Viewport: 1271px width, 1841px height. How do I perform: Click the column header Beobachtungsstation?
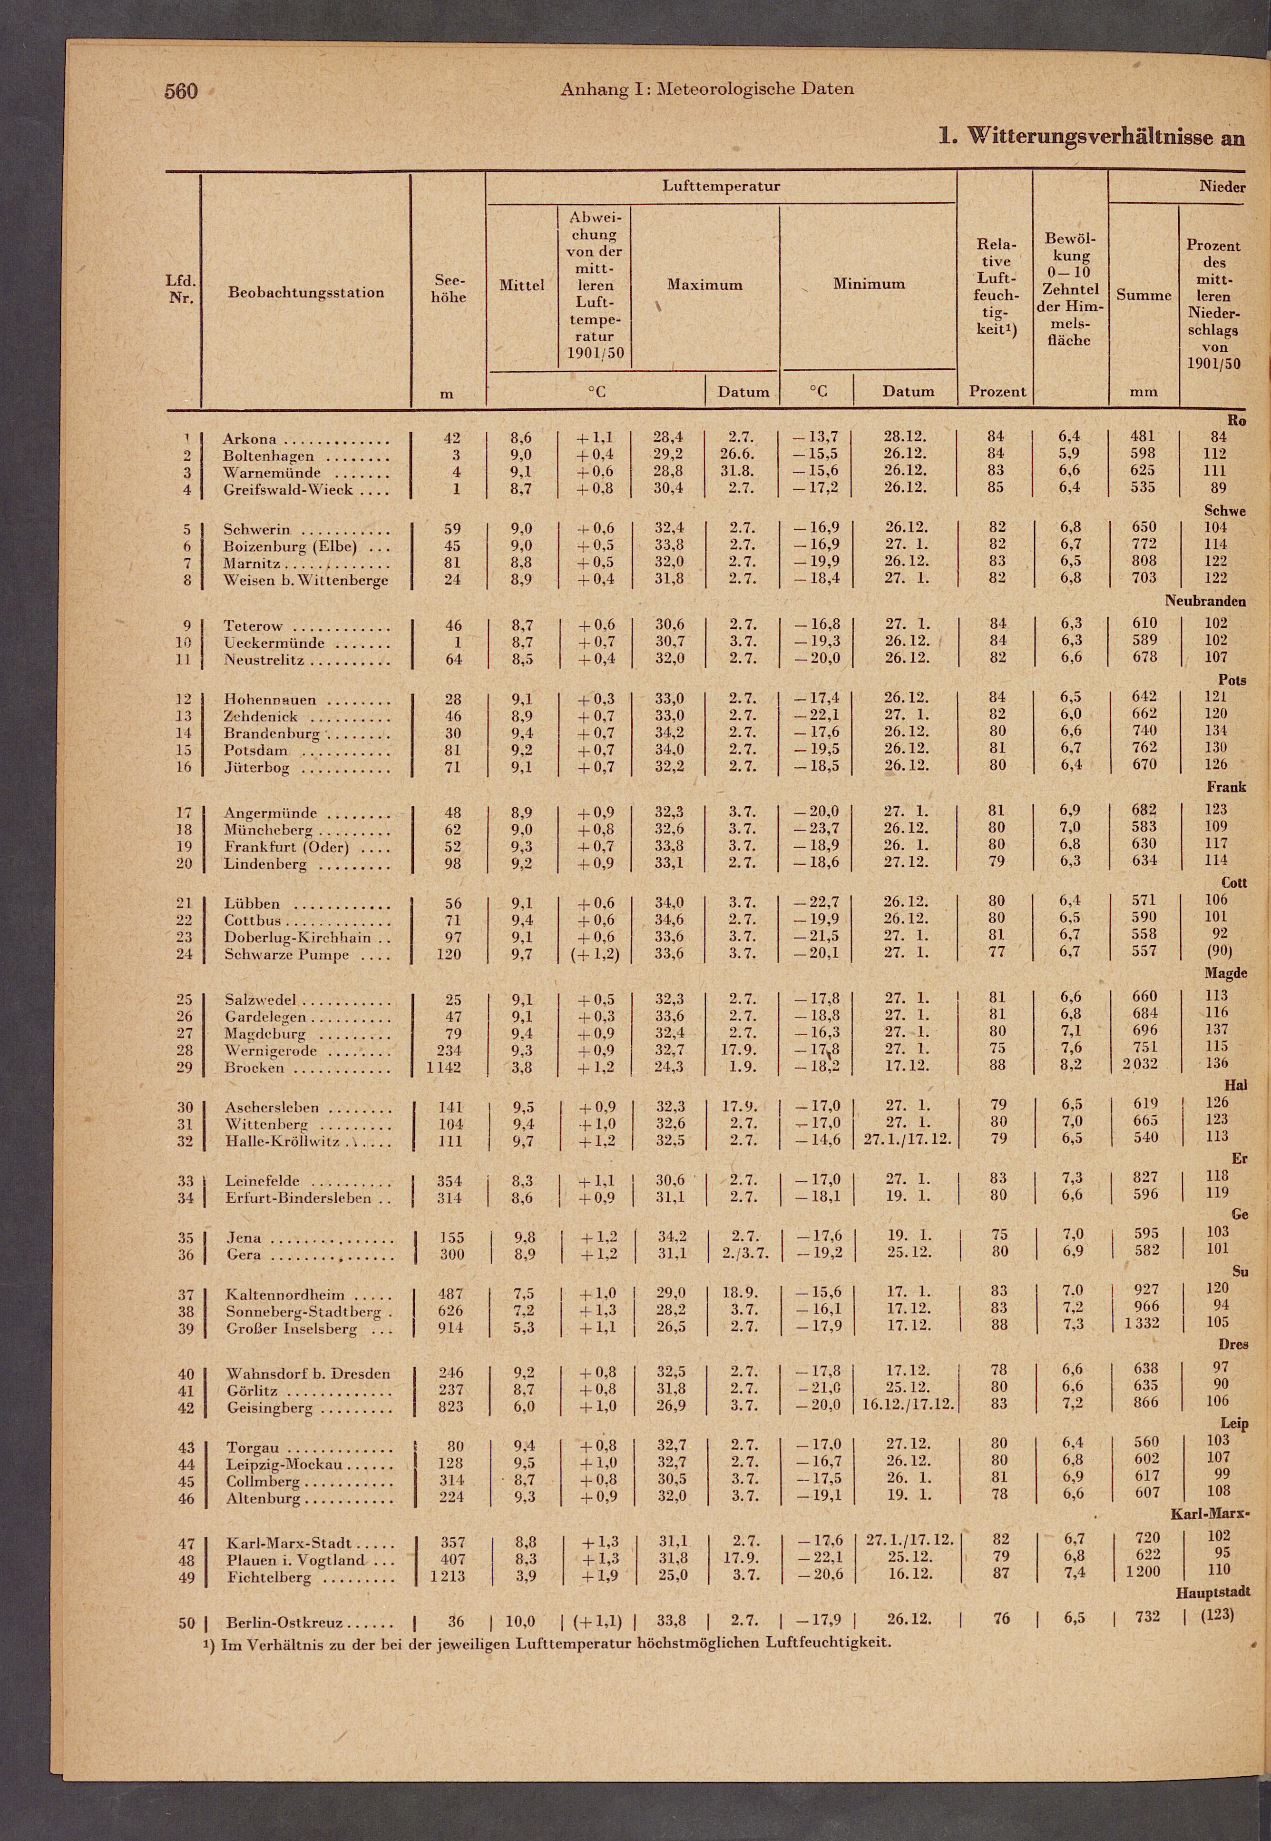tap(306, 292)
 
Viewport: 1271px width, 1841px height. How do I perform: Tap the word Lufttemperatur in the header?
tap(721, 187)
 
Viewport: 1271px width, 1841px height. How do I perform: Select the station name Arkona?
tap(249, 439)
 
